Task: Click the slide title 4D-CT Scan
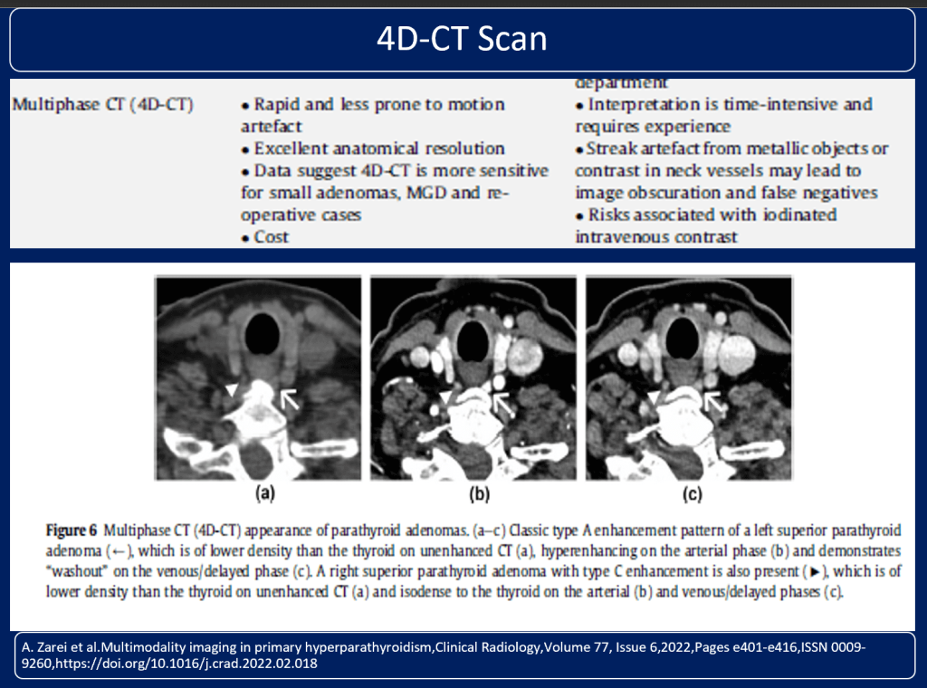point(463,39)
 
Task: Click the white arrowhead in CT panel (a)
point(234,389)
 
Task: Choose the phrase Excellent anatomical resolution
point(378,148)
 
